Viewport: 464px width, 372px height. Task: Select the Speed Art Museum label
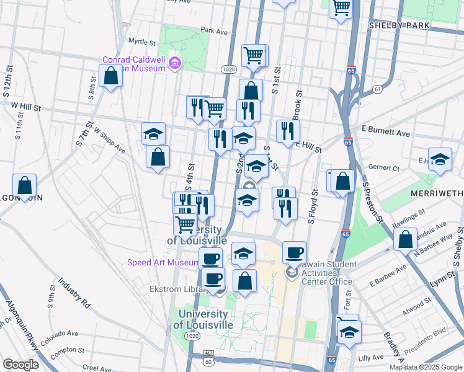163,262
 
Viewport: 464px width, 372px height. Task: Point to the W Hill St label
25,107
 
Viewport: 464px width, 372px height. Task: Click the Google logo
20,365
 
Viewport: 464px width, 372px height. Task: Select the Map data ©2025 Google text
425,366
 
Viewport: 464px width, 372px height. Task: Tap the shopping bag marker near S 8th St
110,77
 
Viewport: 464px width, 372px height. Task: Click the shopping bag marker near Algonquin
24,185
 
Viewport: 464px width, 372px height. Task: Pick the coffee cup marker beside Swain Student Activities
294,252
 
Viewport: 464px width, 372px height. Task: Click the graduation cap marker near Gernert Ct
440,159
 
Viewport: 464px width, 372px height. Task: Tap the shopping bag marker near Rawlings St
405,240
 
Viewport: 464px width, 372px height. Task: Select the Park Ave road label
215,30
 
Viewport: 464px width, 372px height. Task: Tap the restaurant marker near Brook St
288,131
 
